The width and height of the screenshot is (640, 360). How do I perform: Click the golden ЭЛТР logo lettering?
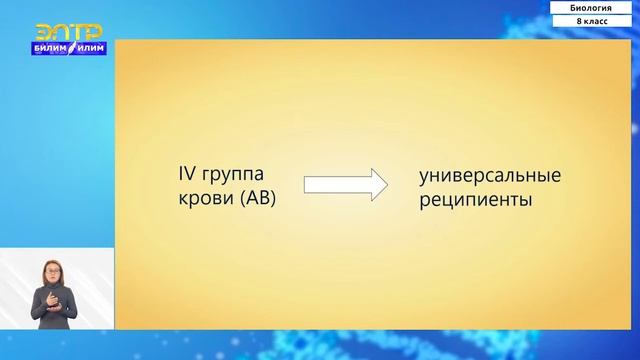pos(69,32)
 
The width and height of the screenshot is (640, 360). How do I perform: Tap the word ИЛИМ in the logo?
pos(91,47)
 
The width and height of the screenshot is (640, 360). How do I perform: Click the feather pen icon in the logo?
pos(72,47)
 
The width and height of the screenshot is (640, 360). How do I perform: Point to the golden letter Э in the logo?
pos(45,32)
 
